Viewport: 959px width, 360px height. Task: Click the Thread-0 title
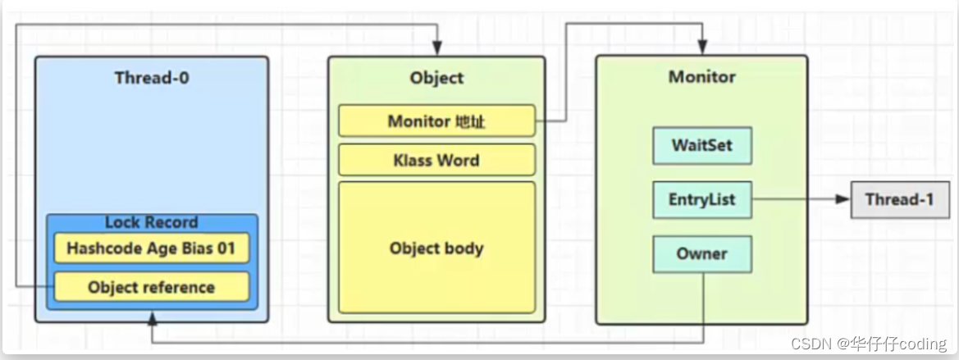153,79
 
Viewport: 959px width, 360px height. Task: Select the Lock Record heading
152,223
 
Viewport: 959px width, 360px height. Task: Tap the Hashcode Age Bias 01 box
152,248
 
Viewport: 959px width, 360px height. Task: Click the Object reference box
152,288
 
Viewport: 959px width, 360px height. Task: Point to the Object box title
436,79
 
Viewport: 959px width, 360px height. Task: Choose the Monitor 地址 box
436,121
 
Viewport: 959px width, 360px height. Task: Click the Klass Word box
436,161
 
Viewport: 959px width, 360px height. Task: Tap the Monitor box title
702,78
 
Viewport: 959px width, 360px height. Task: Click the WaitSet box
702,146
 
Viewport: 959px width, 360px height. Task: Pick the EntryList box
702,200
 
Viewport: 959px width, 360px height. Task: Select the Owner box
702,254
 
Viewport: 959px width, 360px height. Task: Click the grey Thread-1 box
900,200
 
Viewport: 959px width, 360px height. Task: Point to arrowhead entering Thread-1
843,200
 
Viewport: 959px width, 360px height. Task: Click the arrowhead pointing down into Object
438,49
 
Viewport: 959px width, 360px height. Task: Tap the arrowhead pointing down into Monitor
702,49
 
